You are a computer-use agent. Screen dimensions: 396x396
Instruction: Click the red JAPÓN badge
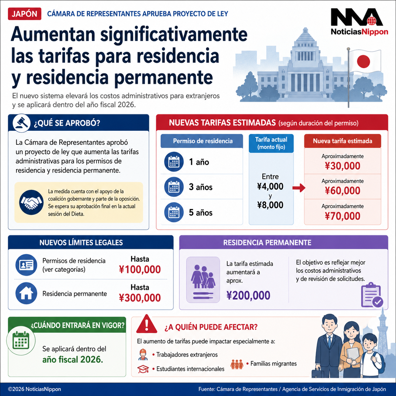(x=24, y=14)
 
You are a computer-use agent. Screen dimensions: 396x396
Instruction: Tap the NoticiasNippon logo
(x=359, y=22)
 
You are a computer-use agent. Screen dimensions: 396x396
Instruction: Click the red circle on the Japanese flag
(x=363, y=62)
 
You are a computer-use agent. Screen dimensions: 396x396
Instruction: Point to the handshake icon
(x=31, y=202)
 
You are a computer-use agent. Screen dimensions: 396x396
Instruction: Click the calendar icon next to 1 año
(x=174, y=162)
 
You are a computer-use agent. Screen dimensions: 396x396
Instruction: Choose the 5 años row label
(x=201, y=213)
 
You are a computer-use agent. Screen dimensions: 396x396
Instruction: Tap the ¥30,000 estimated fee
(x=342, y=166)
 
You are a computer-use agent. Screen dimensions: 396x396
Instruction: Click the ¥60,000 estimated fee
(x=342, y=191)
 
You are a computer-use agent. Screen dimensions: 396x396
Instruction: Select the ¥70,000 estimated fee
(x=342, y=216)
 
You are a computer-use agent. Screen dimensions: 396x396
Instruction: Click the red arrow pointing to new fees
(x=298, y=188)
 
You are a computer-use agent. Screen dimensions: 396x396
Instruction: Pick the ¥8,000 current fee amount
(x=270, y=205)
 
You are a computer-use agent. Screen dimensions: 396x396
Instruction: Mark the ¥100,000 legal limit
(x=140, y=269)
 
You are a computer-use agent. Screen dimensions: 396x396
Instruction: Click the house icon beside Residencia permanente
(x=26, y=293)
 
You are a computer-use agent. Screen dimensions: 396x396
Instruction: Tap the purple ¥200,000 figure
(x=248, y=295)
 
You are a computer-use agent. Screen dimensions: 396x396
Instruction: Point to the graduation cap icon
(x=143, y=369)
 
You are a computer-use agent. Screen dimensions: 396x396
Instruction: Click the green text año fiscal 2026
(x=73, y=359)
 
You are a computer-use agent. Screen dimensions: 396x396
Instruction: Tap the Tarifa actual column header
(x=271, y=143)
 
